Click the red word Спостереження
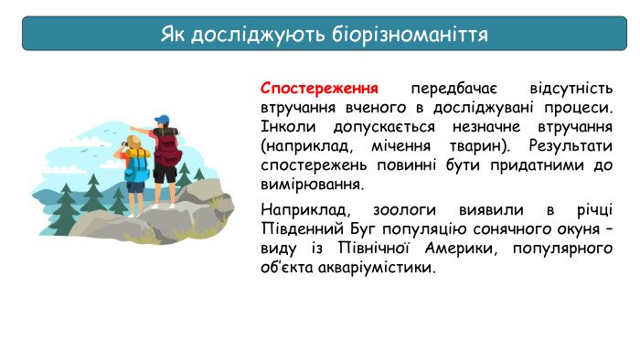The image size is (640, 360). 319,90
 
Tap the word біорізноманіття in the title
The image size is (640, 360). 408,34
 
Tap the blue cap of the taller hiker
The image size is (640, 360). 162,120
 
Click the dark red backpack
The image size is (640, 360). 167,148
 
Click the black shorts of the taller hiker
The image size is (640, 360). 165,174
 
